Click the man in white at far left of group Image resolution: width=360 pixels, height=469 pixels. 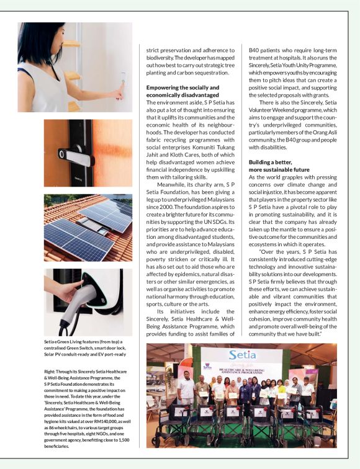[186, 391]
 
